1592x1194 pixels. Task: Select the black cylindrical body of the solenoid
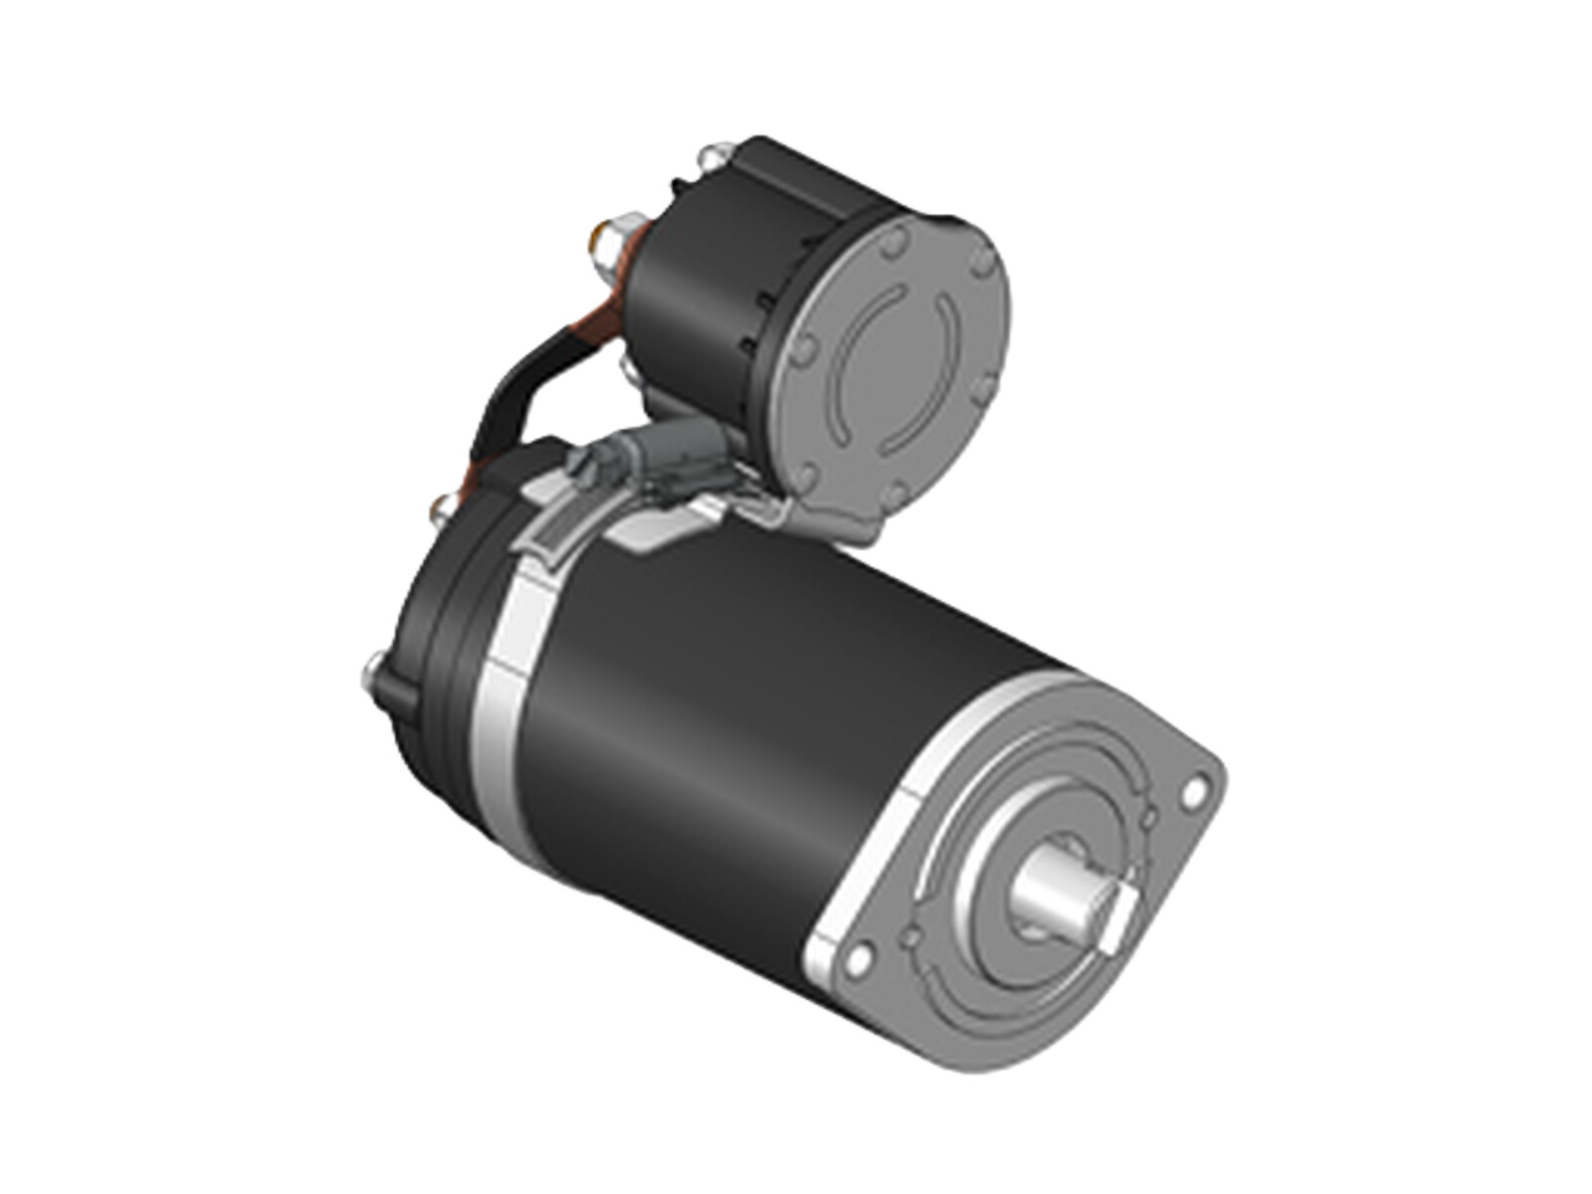[x=696, y=289]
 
